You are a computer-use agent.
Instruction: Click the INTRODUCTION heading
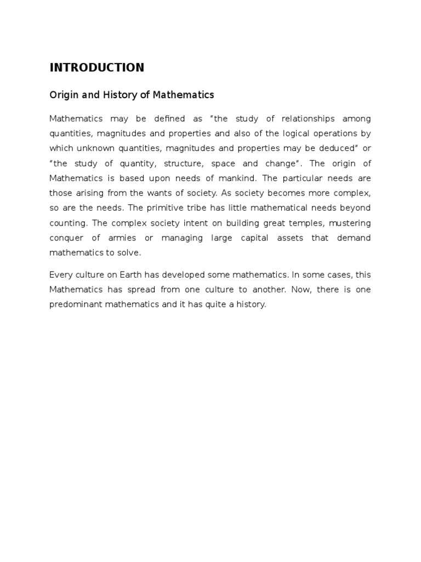(x=96, y=68)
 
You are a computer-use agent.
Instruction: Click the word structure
(x=174, y=164)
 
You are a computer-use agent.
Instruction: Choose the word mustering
(x=350, y=223)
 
